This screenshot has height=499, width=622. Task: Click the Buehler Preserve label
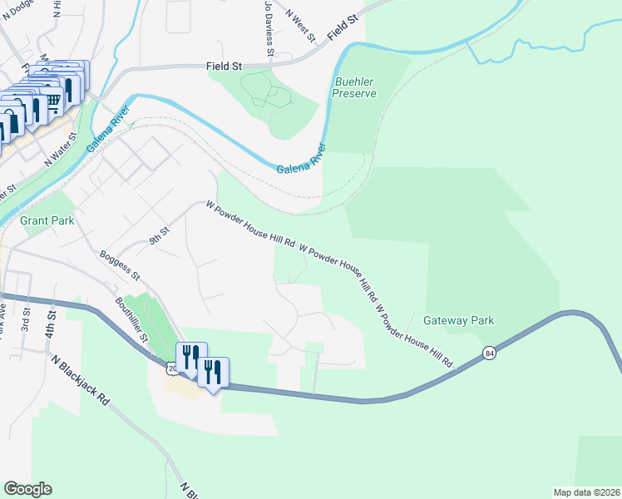tap(354, 87)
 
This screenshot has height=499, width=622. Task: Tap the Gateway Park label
tap(459, 320)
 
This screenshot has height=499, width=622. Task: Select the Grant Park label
tap(47, 220)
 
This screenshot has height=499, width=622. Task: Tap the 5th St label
tap(159, 235)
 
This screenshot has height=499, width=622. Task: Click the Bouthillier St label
tap(131, 320)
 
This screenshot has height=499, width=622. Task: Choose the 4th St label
tap(52, 319)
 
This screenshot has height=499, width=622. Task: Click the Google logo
tap(28, 488)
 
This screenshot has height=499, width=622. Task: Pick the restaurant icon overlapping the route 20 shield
tap(191, 358)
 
